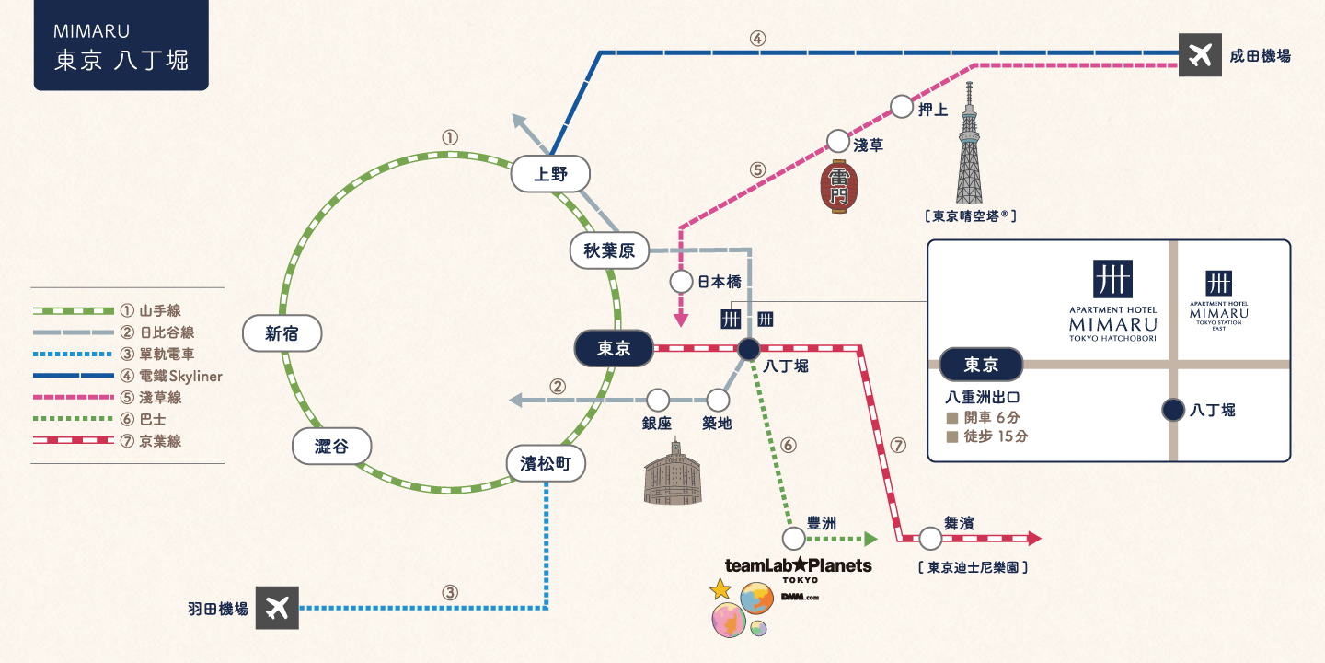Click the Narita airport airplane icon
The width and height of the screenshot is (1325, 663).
1200,55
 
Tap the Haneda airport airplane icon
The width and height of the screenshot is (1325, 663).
277,608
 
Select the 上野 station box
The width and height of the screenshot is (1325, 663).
550,174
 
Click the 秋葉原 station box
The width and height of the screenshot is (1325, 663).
609,250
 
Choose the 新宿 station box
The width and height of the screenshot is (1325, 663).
282,333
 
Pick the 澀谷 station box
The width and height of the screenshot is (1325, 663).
332,446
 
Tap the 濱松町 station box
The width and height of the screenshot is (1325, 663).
546,463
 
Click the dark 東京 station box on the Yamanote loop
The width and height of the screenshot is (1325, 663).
614,348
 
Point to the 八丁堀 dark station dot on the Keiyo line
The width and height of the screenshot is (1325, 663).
748,349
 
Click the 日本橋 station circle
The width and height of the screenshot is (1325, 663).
681,282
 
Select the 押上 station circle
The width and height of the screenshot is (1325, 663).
902,107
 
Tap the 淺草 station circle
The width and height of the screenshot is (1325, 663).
837,142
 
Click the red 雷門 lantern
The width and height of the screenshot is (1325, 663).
839,186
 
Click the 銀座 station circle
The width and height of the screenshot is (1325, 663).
658,401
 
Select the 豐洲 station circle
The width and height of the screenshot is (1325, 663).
794,539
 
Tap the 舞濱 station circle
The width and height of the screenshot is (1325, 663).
930,539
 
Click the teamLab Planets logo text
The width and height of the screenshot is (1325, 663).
799,566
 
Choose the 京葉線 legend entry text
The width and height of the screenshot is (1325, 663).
160,441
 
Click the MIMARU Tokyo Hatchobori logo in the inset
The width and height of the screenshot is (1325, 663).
1112,301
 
